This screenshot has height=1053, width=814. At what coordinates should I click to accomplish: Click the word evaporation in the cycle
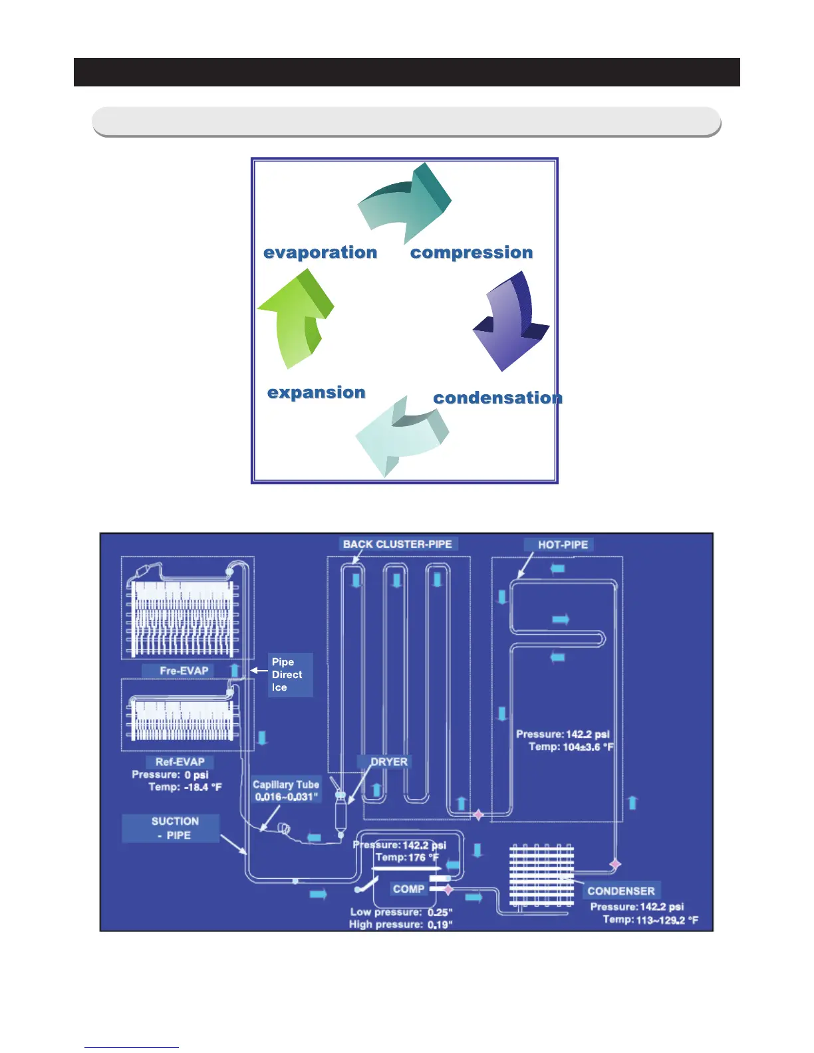320,253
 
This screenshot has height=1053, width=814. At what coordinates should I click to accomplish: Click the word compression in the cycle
472,253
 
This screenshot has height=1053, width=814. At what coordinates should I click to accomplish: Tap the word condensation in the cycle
497,398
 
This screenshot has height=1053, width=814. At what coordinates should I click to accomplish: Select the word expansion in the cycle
316,392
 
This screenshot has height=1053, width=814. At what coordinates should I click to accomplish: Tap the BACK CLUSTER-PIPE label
397,544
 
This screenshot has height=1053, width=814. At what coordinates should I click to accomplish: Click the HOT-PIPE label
563,544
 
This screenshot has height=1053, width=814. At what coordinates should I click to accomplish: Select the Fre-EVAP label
184,671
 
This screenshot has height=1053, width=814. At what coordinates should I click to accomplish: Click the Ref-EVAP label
180,762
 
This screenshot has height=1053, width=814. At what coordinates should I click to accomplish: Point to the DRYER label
389,762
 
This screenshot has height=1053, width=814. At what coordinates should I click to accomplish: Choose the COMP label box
408,889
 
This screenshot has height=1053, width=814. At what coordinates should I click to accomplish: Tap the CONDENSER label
620,891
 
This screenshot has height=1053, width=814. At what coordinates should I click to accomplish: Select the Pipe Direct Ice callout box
290,675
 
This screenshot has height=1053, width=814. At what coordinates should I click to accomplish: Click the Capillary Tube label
286,784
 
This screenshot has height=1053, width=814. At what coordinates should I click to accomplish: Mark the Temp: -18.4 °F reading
185,787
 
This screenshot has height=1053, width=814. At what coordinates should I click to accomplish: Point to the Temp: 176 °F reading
407,858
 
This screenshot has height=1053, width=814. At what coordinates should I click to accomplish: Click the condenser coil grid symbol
541,875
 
